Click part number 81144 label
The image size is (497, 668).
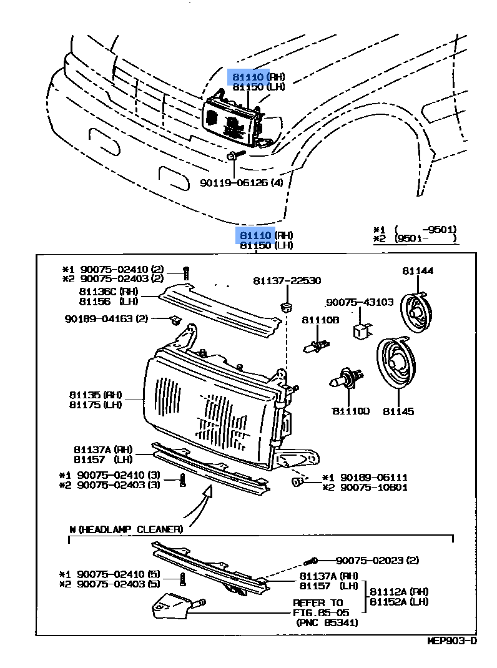pos(418,271)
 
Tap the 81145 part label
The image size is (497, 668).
pos(398,411)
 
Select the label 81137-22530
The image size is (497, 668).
pos(287,281)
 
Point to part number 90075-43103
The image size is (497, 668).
pos(360,302)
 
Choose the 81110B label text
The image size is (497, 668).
pos(320,320)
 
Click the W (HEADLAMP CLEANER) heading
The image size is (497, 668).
pos(125,529)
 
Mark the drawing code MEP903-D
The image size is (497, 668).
pos(451,641)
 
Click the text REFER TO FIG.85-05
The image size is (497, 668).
pos(318,608)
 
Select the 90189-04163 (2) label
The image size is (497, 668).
pos(106,318)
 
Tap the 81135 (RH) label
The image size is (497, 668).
pos(97,395)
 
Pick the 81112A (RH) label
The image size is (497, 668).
pos(399,591)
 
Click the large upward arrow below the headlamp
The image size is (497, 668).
pos(206,499)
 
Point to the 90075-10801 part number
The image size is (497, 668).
pos(365,487)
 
